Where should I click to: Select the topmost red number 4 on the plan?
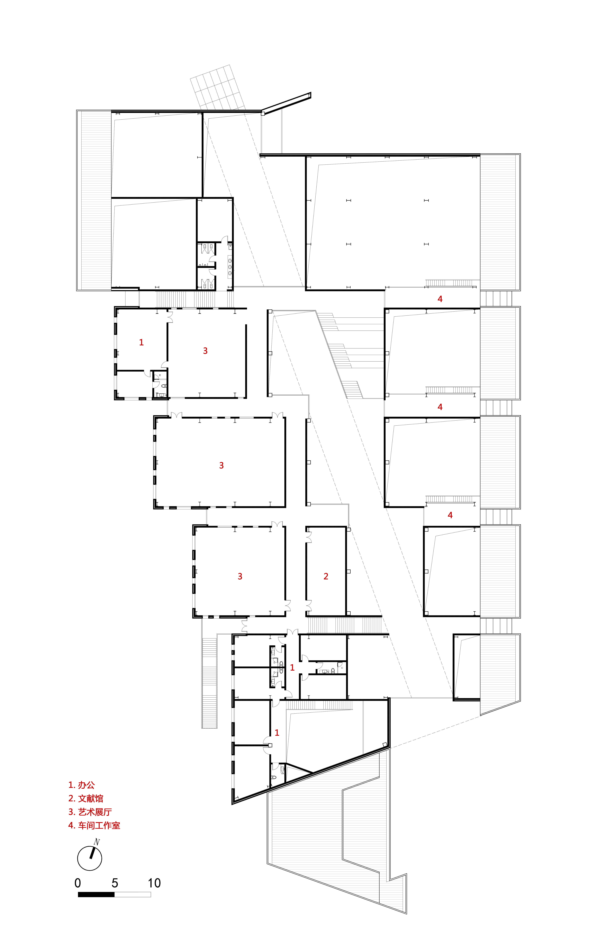tap(440, 299)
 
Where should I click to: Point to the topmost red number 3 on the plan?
tap(205, 351)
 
